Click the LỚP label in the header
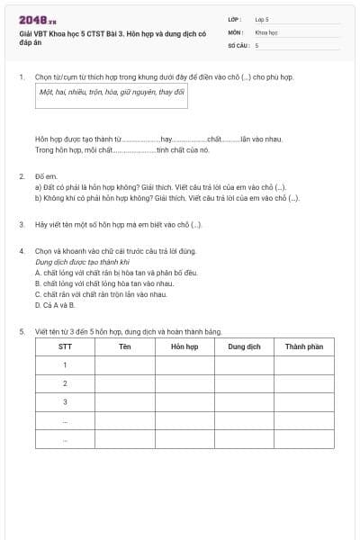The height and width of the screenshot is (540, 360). (235, 18)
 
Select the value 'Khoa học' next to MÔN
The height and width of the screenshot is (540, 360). (266, 31)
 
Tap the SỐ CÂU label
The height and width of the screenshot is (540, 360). (237, 44)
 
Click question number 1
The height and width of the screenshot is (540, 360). (21, 76)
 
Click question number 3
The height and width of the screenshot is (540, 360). (21, 223)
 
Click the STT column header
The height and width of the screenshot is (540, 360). (65, 346)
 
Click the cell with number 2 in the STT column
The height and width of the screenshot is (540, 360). (65, 383)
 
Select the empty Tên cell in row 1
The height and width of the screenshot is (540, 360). (125, 364)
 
